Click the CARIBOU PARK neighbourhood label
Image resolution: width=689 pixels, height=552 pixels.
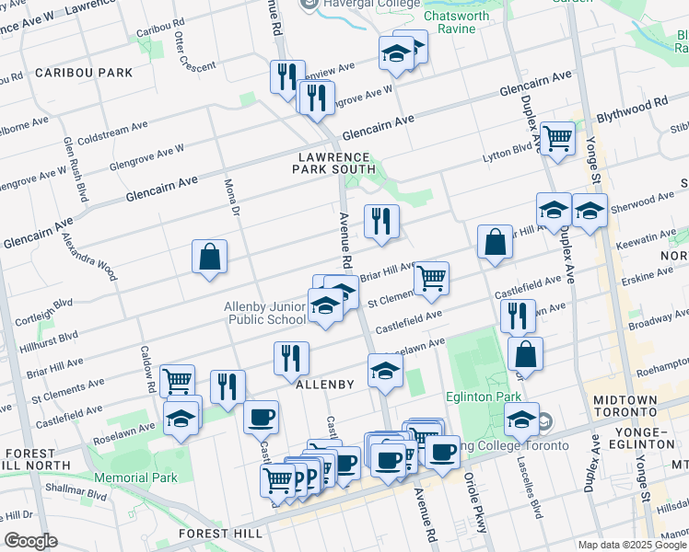coord(84,72)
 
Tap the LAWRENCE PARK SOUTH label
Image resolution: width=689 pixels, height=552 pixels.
coord(334,163)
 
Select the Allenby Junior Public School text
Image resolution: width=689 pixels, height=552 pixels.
coord(265,313)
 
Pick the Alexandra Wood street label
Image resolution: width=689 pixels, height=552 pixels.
coord(89,255)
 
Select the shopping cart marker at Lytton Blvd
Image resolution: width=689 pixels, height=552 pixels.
coord(557,140)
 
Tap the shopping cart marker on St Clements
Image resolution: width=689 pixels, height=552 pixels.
coord(431,279)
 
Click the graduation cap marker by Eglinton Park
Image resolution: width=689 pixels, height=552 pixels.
coord(521,420)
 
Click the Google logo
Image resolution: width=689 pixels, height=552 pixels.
coord(31,540)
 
